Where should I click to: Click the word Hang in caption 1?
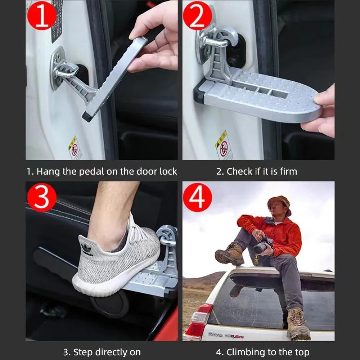(49, 171)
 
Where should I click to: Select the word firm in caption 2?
(288, 171)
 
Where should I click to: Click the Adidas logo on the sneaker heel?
(86, 248)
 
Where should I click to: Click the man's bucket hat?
(279, 203)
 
